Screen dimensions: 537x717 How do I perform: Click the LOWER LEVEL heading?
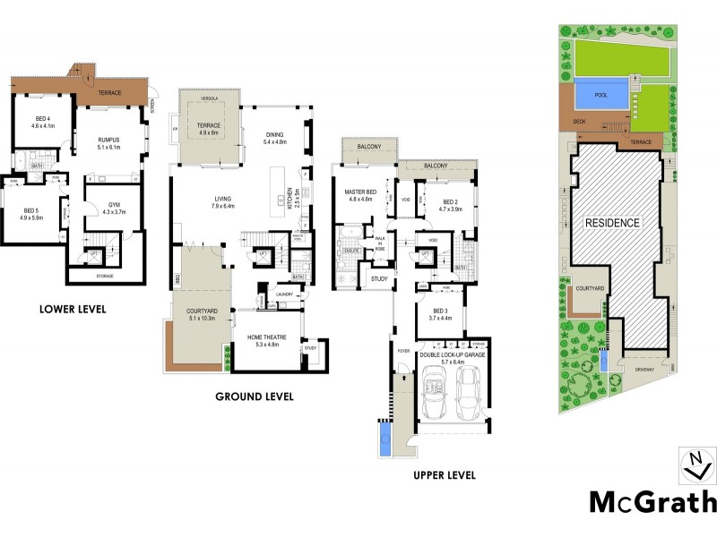coord(73,310)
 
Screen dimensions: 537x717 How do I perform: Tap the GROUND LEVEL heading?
coord(255,396)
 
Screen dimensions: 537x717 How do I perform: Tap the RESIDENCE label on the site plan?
coord(613,223)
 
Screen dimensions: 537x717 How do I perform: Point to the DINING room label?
coord(274,135)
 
